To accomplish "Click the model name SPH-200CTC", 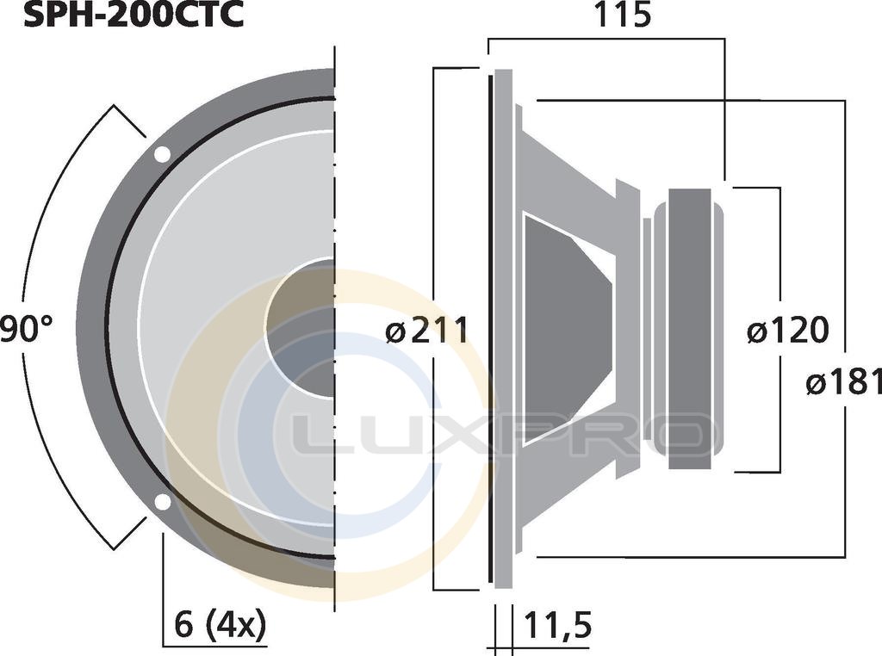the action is pyautogui.click(x=134, y=15).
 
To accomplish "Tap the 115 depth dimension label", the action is pyautogui.click(x=622, y=15).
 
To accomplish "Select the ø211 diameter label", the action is pyautogui.click(x=427, y=331).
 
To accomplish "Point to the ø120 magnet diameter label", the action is pyautogui.click(x=787, y=331).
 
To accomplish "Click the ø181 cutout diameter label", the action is pyautogui.click(x=844, y=383).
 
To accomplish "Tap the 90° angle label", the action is pyautogui.click(x=26, y=329).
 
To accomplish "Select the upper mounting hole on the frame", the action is pyautogui.click(x=162, y=154).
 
